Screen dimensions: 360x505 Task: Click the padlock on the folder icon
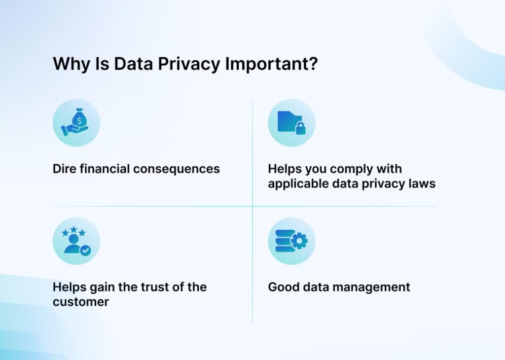[x=300, y=129]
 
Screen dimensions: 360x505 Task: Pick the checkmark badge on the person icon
[x=85, y=251]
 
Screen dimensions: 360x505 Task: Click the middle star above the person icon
[x=73, y=230]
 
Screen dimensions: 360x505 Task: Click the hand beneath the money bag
[x=72, y=130]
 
